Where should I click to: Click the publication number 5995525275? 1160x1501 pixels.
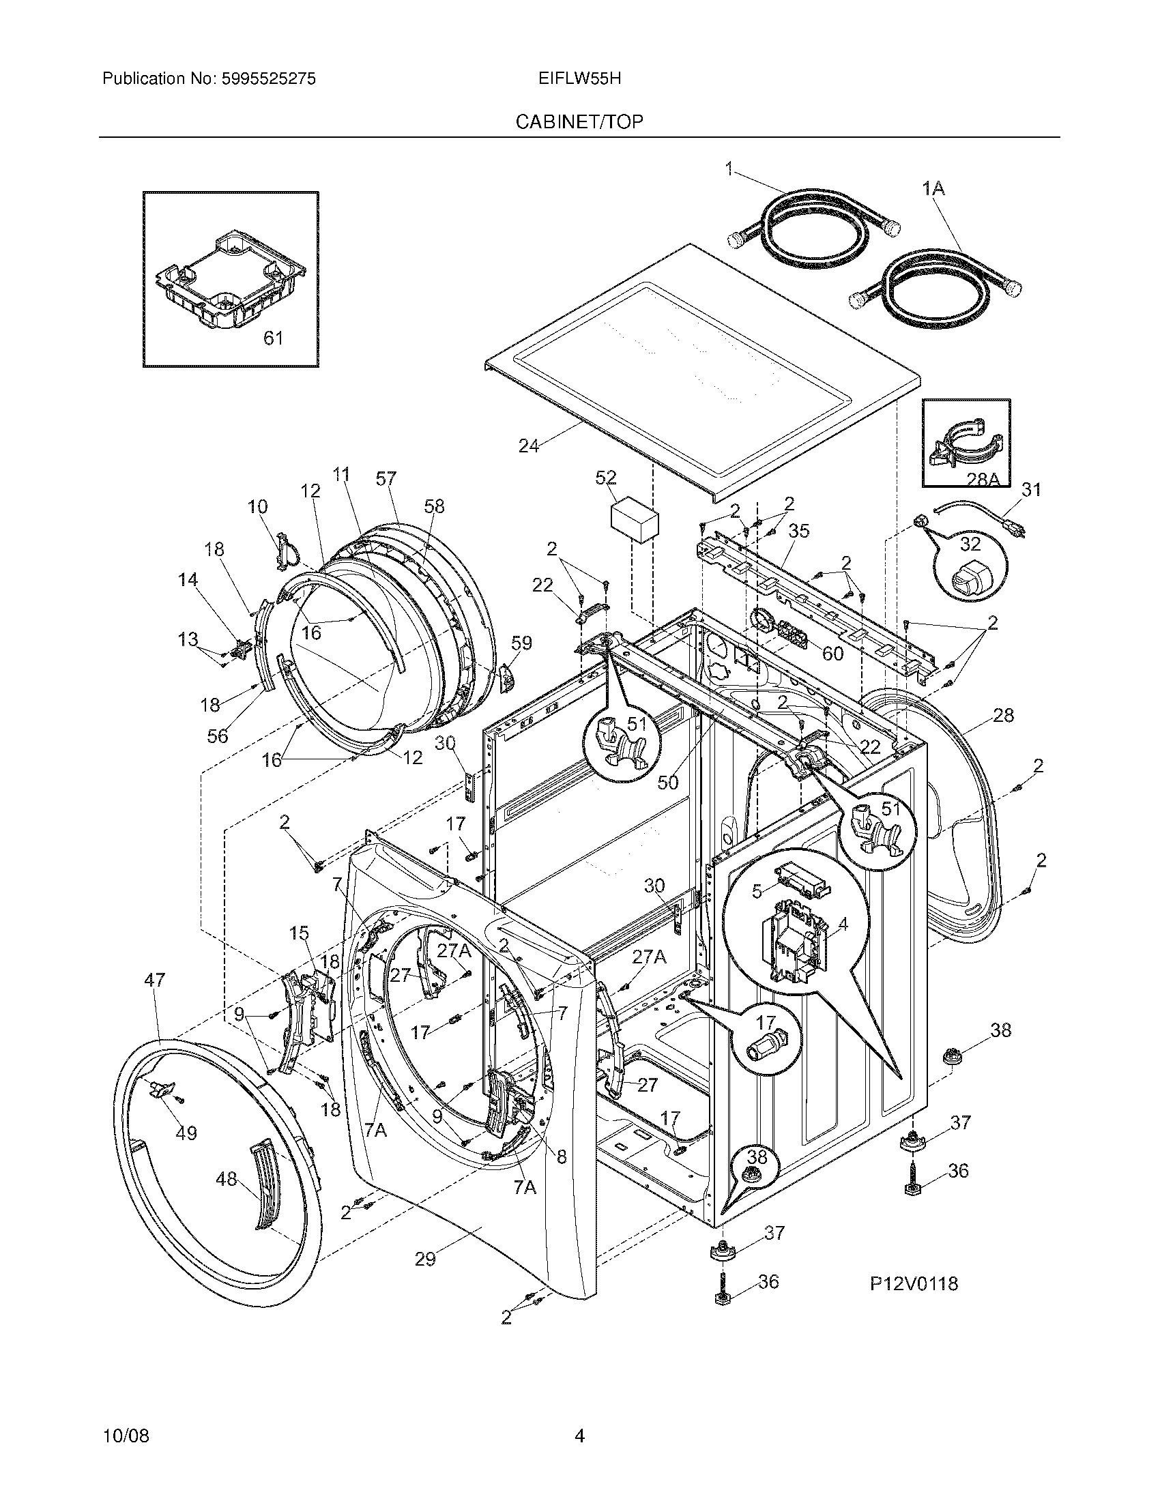pos(268,79)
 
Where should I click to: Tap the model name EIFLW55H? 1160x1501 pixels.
pos(580,79)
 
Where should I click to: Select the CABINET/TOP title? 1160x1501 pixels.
pos(579,122)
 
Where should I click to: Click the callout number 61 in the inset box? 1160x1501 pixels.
pos(274,338)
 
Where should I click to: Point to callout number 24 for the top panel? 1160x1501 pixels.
pos(528,446)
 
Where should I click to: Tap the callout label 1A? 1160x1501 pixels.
pos(933,188)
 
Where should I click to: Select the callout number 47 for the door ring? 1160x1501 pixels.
pos(155,979)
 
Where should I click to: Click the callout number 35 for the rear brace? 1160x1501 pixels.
pos(798,531)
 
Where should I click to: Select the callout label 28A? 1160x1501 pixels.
pos(983,480)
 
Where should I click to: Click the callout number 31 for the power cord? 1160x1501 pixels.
pos(1031,490)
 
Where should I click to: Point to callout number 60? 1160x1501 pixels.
pos(832,653)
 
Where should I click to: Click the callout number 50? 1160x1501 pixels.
pos(667,782)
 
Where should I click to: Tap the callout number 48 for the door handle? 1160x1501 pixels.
pos(226,1179)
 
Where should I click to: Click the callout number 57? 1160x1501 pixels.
pos(386,478)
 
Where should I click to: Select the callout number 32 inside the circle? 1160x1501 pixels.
pos(970,544)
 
